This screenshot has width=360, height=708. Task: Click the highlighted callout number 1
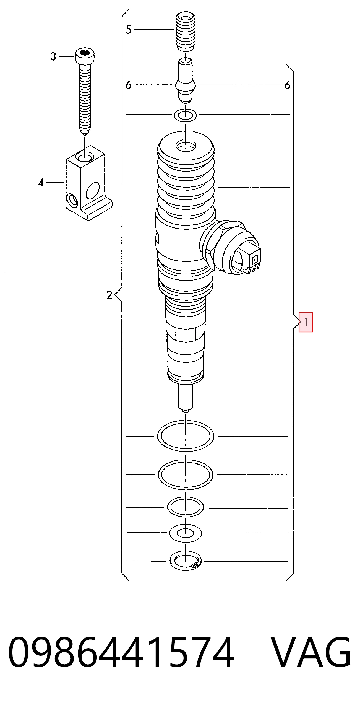[306, 322]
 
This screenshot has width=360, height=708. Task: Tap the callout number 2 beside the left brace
[109, 295]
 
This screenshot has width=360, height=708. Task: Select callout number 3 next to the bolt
[53, 56]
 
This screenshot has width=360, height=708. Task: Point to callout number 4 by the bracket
[41, 183]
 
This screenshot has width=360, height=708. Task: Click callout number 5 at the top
[128, 29]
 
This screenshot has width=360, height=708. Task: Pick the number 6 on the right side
[288, 85]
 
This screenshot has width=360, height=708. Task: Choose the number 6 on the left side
[128, 85]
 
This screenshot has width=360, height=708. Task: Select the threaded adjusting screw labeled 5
[186, 31]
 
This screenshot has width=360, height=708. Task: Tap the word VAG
[311, 652]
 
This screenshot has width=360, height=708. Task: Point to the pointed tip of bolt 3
[85, 135]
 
